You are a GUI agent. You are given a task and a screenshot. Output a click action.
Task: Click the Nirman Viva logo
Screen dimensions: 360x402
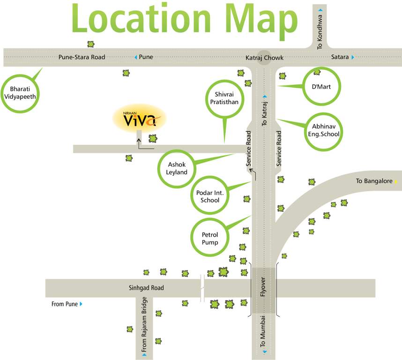pyautogui.click(x=139, y=119)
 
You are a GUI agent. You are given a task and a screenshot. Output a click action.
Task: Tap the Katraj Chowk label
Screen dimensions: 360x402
pyautogui.click(x=265, y=58)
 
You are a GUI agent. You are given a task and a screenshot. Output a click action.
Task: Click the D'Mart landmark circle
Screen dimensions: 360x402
pyautogui.click(x=321, y=86)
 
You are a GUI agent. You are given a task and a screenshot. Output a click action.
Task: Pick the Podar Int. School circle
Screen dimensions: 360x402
pyautogui.click(x=209, y=196)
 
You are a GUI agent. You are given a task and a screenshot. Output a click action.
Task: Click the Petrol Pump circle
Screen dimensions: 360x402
pyautogui.click(x=210, y=238)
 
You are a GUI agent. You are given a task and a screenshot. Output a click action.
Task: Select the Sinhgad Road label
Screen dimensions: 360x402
pyautogui.click(x=147, y=288)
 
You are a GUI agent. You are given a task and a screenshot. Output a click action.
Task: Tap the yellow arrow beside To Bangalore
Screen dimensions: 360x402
pyautogui.click(x=396, y=181)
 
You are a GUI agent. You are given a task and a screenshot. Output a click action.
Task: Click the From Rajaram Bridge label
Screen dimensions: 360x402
pyautogui.click(x=144, y=324)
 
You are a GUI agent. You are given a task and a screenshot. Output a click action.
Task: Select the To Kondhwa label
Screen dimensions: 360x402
pyautogui.click(x=320, y=31)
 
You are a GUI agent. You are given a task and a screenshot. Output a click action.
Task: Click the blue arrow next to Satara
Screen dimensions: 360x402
pyautogui.click(x=353, y=57)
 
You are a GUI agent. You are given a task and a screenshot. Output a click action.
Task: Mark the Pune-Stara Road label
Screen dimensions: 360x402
pyautogui.click(x=82, y=57)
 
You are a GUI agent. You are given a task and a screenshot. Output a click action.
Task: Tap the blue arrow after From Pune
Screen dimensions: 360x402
pyautogui.click(x=81, y=304)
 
